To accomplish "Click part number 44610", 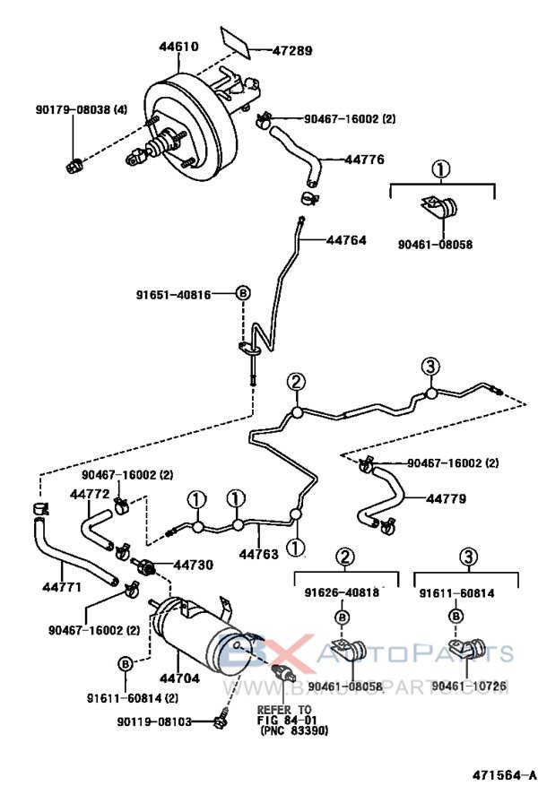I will click(178, 46).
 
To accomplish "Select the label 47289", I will click(293, 50).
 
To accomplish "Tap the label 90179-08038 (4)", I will click(82, 109).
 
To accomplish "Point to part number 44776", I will click(363, 160).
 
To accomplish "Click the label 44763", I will click(258, 553).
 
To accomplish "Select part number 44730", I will click(193, 565).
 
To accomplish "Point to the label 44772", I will click(90, 494).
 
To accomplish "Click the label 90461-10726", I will click(469, 687).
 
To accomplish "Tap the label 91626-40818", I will click(341, 592).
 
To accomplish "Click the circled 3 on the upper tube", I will click(430, 366).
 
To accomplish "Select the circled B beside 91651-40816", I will click(242, 293).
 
